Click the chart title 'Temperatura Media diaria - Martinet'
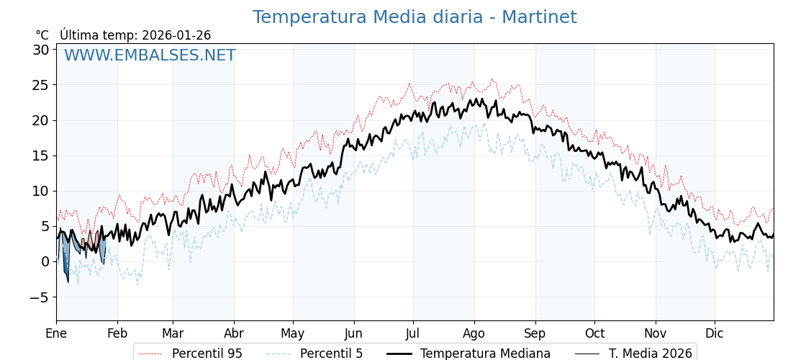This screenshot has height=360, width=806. pyautogui.click(x=414, y=17)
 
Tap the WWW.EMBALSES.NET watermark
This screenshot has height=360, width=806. pyautogui.click(x=150, y=55)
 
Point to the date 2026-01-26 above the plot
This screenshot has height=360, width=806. pyautogui.click(x=176, y=35)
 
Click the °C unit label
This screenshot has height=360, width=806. pyautogui.click(x=42, y=35)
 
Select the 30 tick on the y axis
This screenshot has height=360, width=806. pyautogui.click(x=40, y=50)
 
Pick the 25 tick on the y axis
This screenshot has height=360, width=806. pyautogui.click(x=40, y=85)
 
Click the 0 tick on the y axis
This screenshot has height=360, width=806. pyautogui.click(x=45, y=261)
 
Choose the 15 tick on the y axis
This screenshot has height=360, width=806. pyautogui.click(x=40, y=156)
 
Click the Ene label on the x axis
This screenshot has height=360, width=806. pyautogui.click(x=56, y=333)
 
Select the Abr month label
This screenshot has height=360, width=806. pyautogui.click(x=234, y=333)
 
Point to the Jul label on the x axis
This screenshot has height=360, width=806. pyautogui.click(x=413, y=333)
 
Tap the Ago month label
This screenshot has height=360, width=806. pyautogui.click(x=474, y=333)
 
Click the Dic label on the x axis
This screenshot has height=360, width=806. pyautogui.click(x=715, y=333)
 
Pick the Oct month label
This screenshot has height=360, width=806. pyautogui.click(x=594, y=333)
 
